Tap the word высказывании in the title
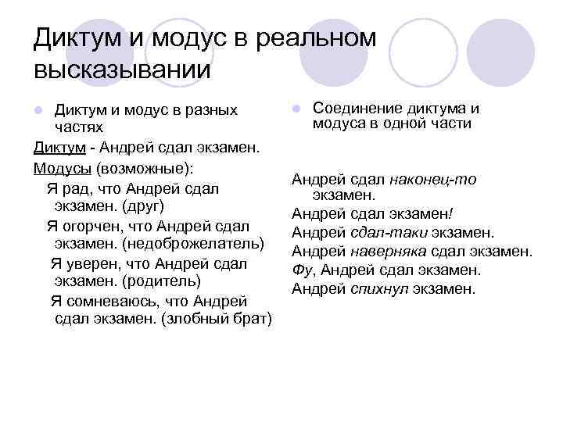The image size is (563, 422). pos(123,70)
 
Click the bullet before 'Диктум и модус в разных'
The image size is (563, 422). pos(38,109)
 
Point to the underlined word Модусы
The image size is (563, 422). pos(63,168)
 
